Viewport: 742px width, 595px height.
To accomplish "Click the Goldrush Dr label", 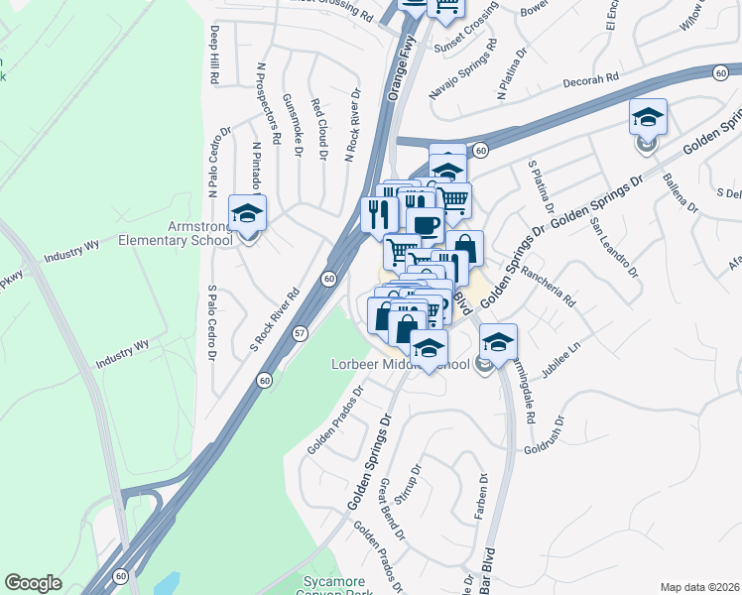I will pyautogui.click(x=550, y=439).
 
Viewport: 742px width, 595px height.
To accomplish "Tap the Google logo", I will pyautogui.click(x=33, y=583).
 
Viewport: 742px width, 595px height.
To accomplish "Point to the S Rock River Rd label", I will pyautogui.click(x=276, y=320).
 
